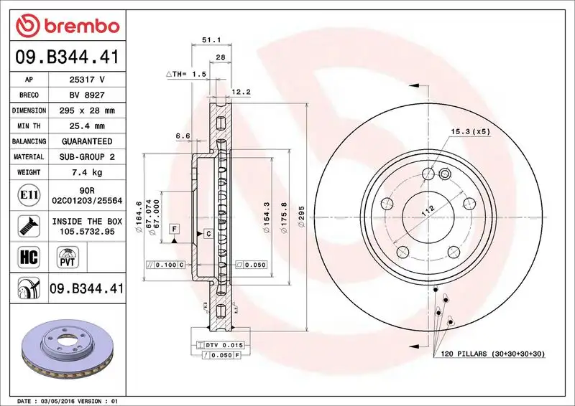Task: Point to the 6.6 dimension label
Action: [x=182, y=136]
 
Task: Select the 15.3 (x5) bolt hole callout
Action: [x=470, y=132]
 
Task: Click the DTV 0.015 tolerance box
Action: [x=224, y=345]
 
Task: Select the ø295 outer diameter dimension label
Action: [x=302, y=215]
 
